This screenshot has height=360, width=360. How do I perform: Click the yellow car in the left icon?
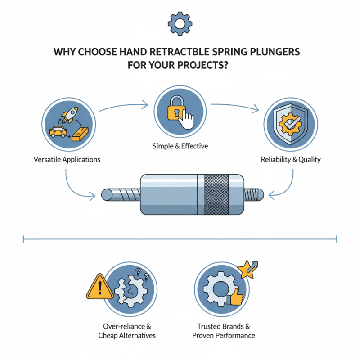point(58,131)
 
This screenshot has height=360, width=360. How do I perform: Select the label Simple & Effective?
point(180,146)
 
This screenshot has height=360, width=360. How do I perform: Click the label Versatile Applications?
point(67,159)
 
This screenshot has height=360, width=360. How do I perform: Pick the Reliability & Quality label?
point(291,159)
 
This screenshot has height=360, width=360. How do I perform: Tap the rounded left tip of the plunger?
point(108,194)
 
